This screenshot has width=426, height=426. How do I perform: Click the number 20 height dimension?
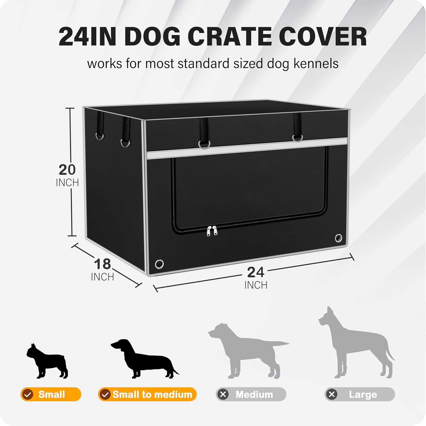click(x=67, y=170)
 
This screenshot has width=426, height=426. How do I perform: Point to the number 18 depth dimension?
click(x=102, y=264)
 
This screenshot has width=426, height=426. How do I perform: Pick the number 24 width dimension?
click(x=256, y=272)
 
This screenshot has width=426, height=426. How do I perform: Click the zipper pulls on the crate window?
click(x=212, y=231)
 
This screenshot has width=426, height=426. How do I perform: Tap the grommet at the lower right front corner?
click(x=339, y=238)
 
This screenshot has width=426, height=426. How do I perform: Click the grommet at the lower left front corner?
click(x=159, y=264)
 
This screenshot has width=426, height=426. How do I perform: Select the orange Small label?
click(x=51, y=394)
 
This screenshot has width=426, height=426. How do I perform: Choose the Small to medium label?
click(x=147, y=394)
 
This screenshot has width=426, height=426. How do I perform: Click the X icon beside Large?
click(x=332, y=394)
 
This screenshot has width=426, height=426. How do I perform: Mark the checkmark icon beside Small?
click(x=28, y=394)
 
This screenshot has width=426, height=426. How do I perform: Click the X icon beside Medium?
click(x=223, y=394)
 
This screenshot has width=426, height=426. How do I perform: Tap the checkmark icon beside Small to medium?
click(x=105, y=394)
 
